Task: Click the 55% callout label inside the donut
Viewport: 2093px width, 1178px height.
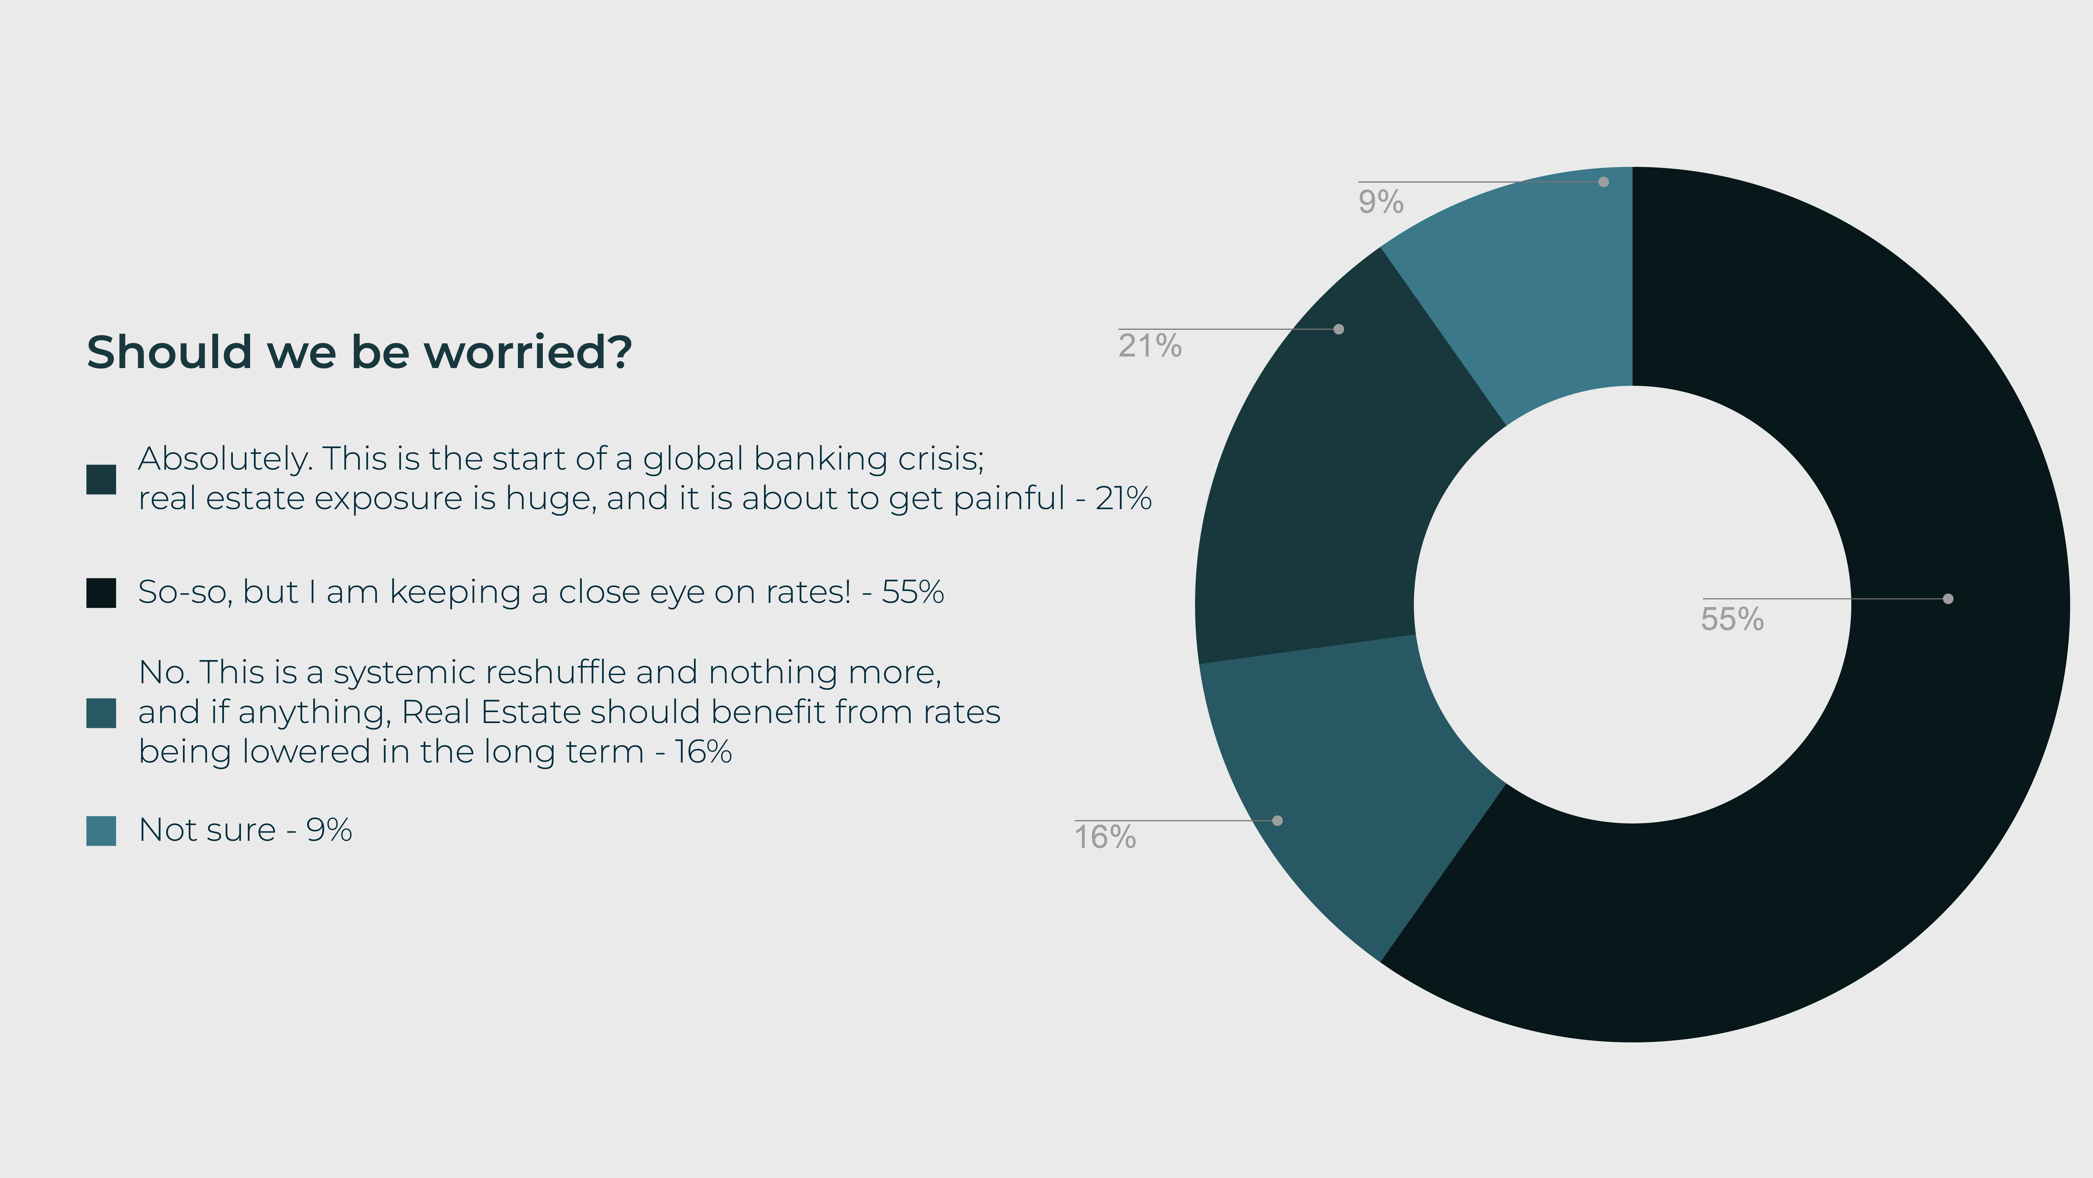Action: (1732, 619)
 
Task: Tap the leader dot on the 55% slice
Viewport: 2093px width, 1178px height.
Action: (1948, 598)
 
